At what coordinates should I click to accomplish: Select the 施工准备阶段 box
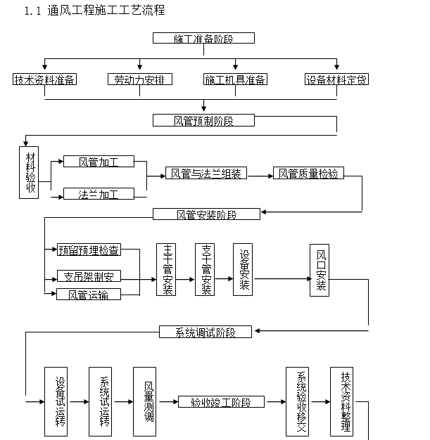click(203, 38)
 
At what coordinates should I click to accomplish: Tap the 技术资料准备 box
click(45, 79)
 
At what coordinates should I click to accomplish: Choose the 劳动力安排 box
click(140, 79)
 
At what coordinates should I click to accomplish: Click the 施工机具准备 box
click(236, 79)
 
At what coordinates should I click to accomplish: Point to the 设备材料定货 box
click(336, 79)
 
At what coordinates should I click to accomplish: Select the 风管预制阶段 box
click(203, 120)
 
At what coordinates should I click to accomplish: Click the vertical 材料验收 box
click(30, 172)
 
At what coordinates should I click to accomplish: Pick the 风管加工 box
click(99, 162)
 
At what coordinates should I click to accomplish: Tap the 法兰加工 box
click(99, 194)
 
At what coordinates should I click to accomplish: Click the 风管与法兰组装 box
click(206, 173)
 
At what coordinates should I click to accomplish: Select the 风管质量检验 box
click(308, 173)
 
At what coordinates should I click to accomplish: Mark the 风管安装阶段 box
click(206, 214)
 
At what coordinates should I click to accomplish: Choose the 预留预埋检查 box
click(89, 250)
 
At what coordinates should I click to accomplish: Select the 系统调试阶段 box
click(205, 332)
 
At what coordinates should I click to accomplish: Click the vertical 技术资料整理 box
click(345, 401)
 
